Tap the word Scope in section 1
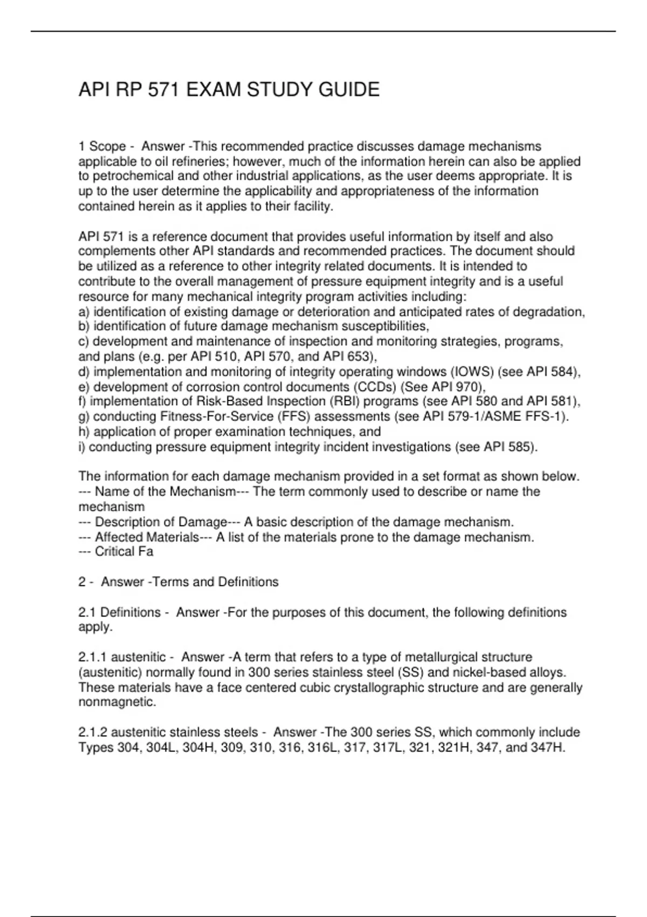point(107,147)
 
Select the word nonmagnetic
point(117,702)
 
